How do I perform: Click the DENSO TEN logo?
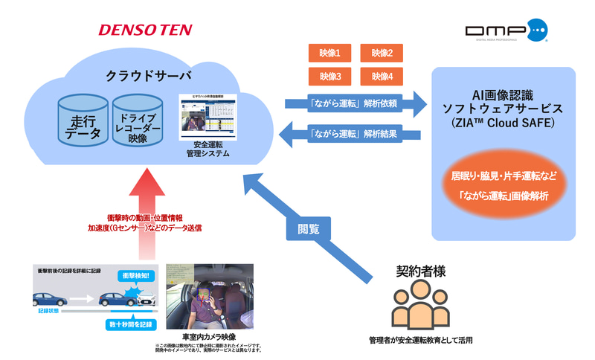[x=145, y=30]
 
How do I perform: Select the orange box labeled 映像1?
[x=329, y=53]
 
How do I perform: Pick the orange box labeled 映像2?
[x=382, y=53]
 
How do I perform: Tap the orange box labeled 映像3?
[x=329, y=76]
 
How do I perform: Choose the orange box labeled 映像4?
[x=382, y=76]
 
